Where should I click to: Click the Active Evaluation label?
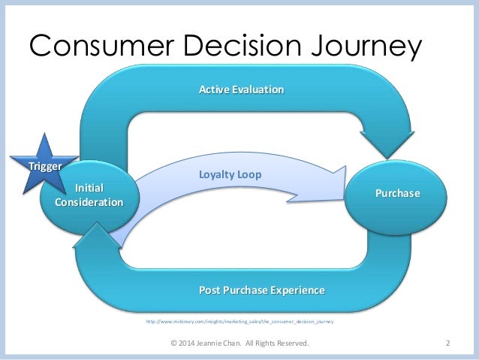tap(241, 90)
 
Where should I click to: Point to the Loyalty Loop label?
tap(230, 174)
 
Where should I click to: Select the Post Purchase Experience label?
tap(261, 289)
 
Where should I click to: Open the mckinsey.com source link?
tap(239, 321)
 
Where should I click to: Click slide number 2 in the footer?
tap(447, 344)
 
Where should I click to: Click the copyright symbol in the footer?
tap(175, 344)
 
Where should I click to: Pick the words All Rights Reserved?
tap(282, 344)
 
